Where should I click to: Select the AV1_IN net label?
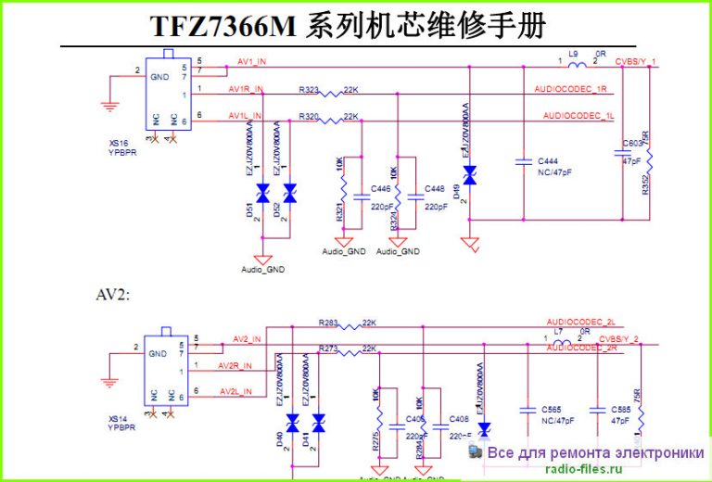click(x=252, y=62)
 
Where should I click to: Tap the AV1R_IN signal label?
click(x=247, y=89)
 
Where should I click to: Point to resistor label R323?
click(x=309, y=90)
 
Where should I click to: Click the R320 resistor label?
click(x=309, y=117)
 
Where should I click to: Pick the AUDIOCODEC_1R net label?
click(x=570, y=89)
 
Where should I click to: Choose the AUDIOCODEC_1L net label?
click(x=578, y=117)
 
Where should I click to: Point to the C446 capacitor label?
click(x=381, y=189)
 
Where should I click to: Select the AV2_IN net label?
click(x=247, y=338)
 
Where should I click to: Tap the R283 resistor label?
click(x=328, y=323)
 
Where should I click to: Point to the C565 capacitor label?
click(x=550, y=409)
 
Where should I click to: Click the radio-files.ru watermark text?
click(x=585, y=469)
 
